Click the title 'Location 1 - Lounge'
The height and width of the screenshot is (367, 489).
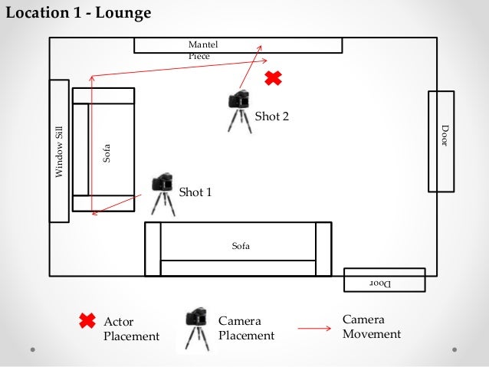tap(78, 14)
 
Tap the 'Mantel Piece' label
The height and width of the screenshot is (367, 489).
tap(199, 51)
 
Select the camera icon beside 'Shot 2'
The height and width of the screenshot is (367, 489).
tap(239, 110)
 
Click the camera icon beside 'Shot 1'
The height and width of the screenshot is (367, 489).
tap(162, 192)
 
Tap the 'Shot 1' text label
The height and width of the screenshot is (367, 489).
tap(195, 192)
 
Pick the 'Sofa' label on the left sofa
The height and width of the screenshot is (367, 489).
tap(107, 152)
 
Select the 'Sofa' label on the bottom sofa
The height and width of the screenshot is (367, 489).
tap(241, 246)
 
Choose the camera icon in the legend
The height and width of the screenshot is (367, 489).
tap(197, 329)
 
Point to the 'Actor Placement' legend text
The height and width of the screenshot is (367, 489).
tap(131, 329)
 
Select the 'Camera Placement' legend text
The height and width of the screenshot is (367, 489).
tap(246, 328)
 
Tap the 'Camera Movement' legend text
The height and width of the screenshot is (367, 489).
tap(371, 326)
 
